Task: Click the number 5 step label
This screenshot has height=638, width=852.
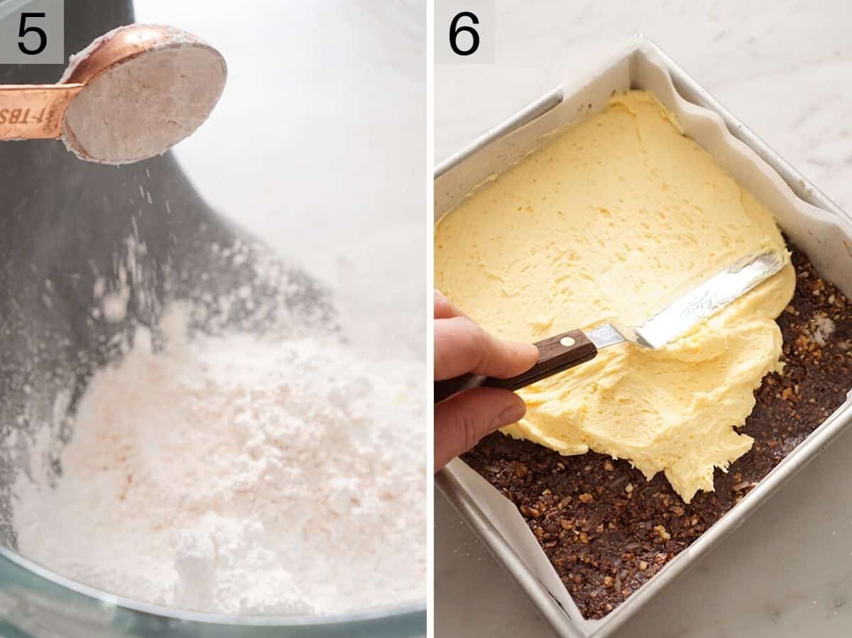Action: pyautogui.click(x=31, y=32)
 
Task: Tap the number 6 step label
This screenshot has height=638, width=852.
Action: pyautogui.click(x=464, y=33)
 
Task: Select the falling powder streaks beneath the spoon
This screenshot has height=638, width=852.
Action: pyautogui.click(x=135, y=234)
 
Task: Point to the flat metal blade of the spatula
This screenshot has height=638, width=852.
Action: pyautogui.click(x=710, y=298)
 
